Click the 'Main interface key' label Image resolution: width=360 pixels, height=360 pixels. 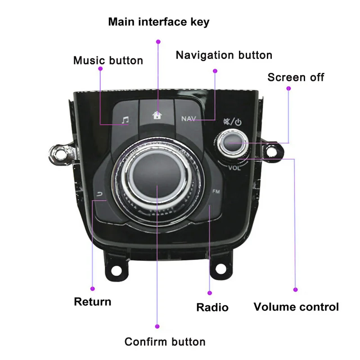[x=159, y=22]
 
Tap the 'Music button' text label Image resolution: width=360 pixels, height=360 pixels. [x=108, y=60]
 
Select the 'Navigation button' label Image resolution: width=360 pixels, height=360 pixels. [x=224, y=55]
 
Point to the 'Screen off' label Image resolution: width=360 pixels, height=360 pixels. [x=296, y=77]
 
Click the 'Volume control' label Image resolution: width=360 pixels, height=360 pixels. [x=296, y=307]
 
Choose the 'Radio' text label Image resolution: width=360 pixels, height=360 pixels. [x=212, y=307]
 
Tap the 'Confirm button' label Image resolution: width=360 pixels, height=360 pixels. [x=165, y=342]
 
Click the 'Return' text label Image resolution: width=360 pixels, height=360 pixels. [x=92, y=301]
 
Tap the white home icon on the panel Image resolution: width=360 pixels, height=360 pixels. [x=157, y=115]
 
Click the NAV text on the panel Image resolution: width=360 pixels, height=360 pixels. [x=189, y=119]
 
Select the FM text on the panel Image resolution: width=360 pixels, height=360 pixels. [x=216, y=192]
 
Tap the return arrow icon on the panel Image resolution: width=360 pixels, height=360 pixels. [x=99, y=194]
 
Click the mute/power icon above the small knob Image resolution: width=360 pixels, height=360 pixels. [x=232, y=121]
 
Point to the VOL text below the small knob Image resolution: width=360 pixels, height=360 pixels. [x=234, y=168]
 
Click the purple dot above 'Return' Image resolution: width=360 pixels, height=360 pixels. [x=93, y=288]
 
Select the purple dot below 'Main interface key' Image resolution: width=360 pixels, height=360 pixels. [x=158, y=41]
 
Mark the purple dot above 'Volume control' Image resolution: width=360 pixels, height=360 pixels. [x=295, y=289]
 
